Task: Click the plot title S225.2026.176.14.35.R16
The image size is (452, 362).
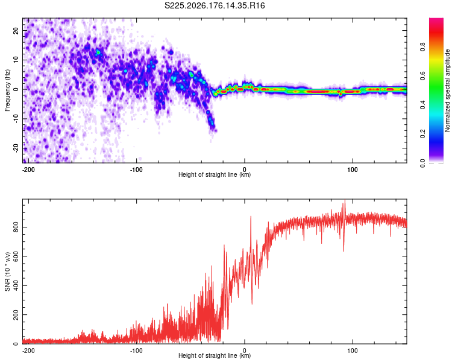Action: click(215, 5)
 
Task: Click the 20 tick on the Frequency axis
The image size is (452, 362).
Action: click(16, 31)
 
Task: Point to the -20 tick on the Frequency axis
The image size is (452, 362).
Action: click(16, 148)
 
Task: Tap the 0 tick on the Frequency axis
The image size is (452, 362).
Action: click(16, 89)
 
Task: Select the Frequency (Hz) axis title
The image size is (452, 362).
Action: click(7, 91)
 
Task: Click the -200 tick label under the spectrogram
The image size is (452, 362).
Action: click(28, 170)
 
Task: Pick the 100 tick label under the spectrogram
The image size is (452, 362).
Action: click(353, 170)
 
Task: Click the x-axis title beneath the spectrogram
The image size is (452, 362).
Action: click(215, 174)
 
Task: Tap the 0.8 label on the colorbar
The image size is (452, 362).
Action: click(423, 46)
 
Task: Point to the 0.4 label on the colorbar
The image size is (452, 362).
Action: click(423, 105)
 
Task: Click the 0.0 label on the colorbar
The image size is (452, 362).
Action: click(423, 163)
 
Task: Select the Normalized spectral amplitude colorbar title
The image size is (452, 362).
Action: click(447, 91)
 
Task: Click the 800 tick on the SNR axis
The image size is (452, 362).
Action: click(16, 227)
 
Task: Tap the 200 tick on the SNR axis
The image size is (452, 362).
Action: click(16, 315)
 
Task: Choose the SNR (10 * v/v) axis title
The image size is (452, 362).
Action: click(7, 271)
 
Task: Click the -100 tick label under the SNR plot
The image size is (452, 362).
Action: click(136, 351)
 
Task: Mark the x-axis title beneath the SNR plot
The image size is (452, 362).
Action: click(215, 355)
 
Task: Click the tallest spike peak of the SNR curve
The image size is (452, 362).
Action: click(345, 200)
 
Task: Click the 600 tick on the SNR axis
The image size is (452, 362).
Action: click(16, 256)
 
